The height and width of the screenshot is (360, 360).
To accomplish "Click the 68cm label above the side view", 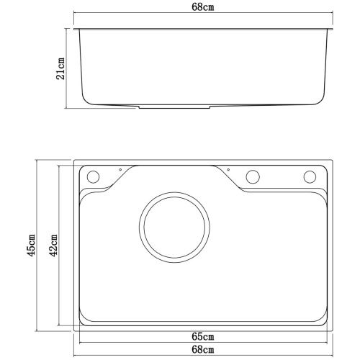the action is tap(203, 7).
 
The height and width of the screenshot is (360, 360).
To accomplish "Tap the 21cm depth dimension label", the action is tap(60, 68).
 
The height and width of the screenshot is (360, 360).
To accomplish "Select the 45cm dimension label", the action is tap(31, 246).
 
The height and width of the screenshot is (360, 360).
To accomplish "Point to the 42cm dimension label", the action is tap(53, 246).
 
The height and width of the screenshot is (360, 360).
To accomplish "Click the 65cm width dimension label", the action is tap(203, 337).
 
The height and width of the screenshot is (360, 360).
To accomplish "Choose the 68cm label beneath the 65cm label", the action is tap(203, 349).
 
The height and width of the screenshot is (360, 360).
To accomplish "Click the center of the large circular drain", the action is tap(174, 227).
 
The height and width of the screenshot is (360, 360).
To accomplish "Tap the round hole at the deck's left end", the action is tap(93, 177).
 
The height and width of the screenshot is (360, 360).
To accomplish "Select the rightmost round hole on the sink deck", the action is tap(310, 177).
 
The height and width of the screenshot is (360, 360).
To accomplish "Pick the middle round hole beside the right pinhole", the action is tap(253, 177).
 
